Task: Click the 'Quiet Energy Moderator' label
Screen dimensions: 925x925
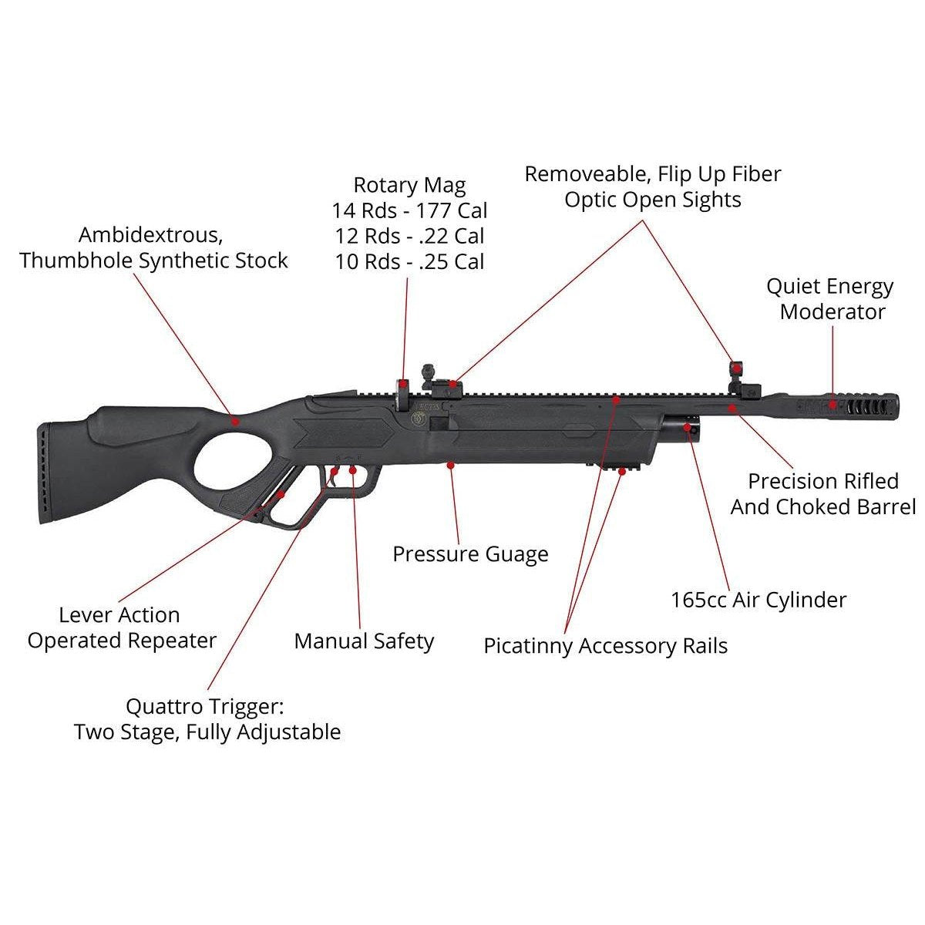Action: coord(829,299)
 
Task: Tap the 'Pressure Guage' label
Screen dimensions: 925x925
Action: coord(470,554)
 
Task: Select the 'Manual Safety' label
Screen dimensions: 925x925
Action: coord(364,641)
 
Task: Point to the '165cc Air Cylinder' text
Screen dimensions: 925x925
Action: coord(758,600)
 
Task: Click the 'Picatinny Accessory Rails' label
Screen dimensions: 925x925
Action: coord(605,646)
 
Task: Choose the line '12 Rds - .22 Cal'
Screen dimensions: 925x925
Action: coord(409,236)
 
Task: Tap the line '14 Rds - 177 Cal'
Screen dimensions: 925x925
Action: coord(409,210)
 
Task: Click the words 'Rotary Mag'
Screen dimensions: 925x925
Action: coord(409,185)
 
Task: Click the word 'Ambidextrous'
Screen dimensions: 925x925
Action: coord(145,234)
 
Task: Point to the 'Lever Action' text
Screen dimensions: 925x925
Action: coord(119,615)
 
